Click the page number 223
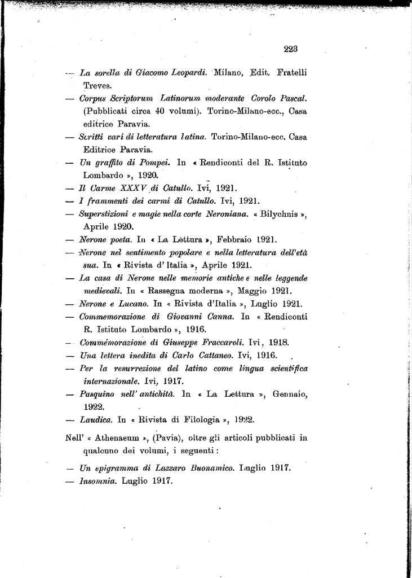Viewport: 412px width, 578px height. pyautogui.click(x=290, y=49)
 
